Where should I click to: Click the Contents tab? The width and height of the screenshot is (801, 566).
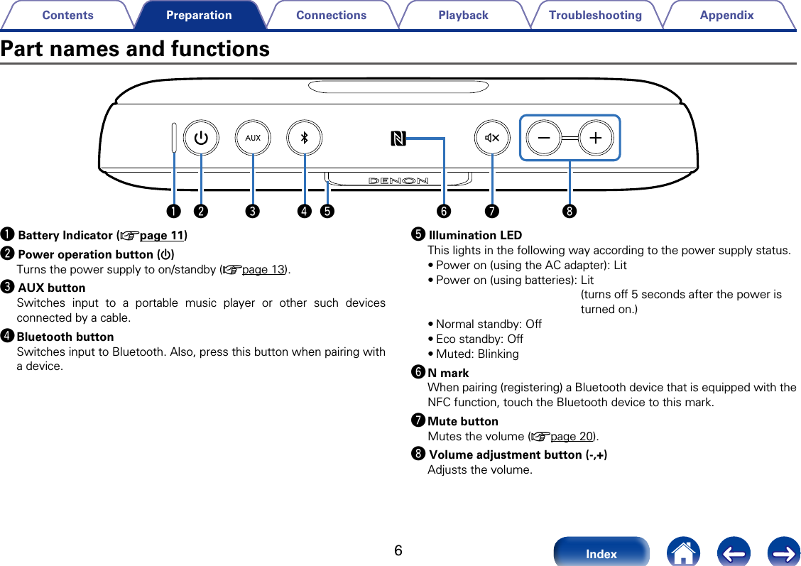pos(67,15)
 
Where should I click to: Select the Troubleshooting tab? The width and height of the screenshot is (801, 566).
pos(595,15)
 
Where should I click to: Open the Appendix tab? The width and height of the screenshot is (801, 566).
pos(726,15)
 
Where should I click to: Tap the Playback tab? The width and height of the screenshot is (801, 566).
pos(463,15)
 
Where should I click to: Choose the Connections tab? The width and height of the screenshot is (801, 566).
pos(331,15)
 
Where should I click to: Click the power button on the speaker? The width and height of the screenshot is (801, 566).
pos(202,138)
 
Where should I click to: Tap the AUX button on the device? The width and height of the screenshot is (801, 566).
pos(254,138)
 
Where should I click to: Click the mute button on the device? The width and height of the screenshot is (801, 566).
pos(492,138)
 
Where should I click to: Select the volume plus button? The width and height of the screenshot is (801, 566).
pos(596,138)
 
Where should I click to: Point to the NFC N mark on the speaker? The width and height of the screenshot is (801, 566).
pos(398,138)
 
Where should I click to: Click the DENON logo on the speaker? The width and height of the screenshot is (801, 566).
pos(398,180)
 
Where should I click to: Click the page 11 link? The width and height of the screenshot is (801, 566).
pos(162,235)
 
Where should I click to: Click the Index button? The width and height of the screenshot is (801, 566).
pos(601,553)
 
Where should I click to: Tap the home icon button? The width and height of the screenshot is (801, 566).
pos(684,553)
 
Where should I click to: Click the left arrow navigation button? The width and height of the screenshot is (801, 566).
pos(734,553)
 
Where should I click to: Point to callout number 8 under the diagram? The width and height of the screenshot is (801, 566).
pos(570,211)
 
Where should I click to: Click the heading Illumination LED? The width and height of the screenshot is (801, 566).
pos(475,235)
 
